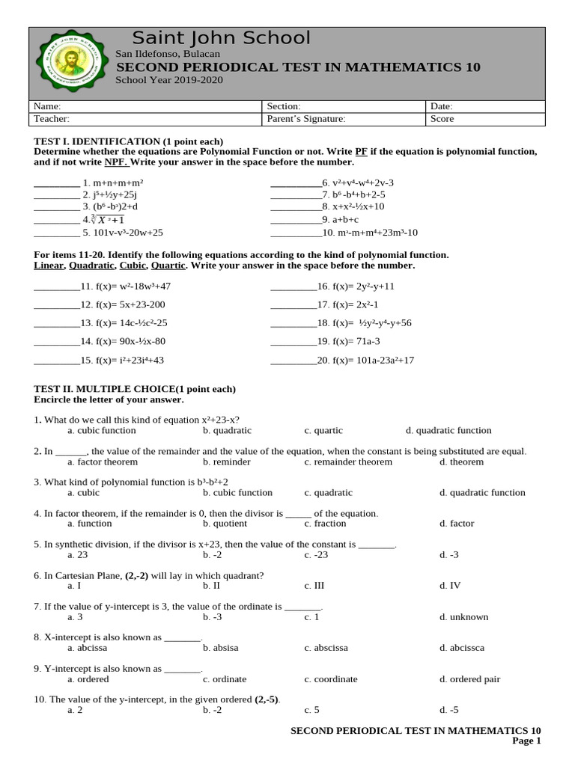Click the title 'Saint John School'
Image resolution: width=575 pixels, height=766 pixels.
click(x=221, y=38)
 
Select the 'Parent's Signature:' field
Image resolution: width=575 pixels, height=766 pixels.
click(x=305, y=118)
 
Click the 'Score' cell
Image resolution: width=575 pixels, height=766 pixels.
click(x=442, y=118)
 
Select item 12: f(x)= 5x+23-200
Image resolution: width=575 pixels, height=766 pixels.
click(x=123, y=304)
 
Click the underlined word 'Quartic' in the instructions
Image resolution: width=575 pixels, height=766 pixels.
click(x=168, y=266)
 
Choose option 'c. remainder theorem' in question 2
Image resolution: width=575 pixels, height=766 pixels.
click(x=347, y=462)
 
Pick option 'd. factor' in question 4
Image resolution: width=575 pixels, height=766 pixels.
click(x=457, y=524)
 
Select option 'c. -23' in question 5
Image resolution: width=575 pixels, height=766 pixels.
click(x=314, y=555)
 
